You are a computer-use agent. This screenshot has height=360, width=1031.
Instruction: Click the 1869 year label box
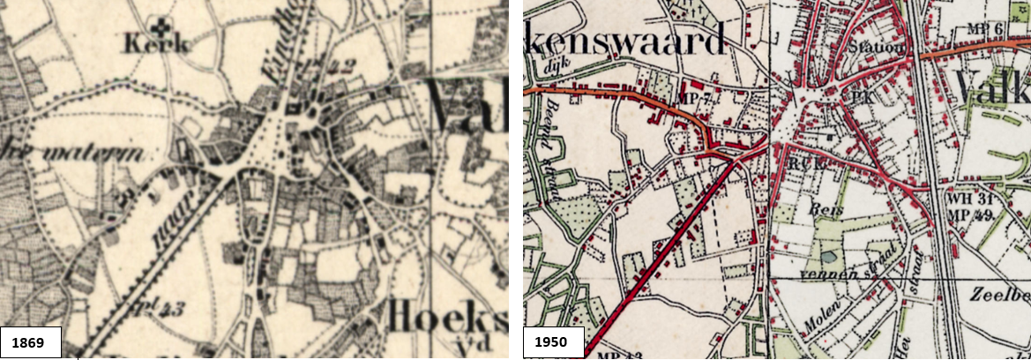(31, 341)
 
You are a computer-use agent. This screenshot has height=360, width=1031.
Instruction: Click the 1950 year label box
(554, 341)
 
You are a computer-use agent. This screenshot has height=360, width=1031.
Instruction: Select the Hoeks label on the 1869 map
(445, 315)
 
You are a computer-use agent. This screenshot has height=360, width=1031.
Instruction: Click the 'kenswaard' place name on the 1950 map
(626, 36)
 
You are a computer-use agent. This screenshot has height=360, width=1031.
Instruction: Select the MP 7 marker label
(694, 96)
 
